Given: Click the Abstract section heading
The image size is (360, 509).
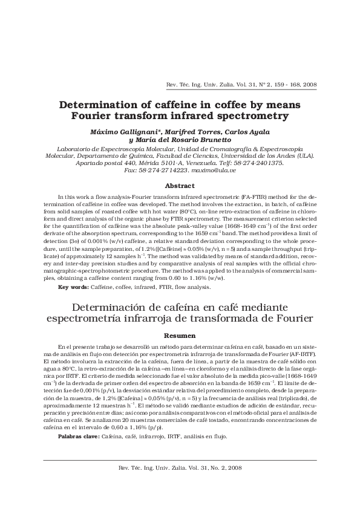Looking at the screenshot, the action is click(180, 186).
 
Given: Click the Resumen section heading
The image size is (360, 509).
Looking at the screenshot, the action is click(180, 335).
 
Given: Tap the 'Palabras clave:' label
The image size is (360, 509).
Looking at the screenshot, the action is click(79, 436).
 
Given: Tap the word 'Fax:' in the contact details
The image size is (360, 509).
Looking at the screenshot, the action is click(131, 171).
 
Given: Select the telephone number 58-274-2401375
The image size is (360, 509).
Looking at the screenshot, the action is click(256, 163).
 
